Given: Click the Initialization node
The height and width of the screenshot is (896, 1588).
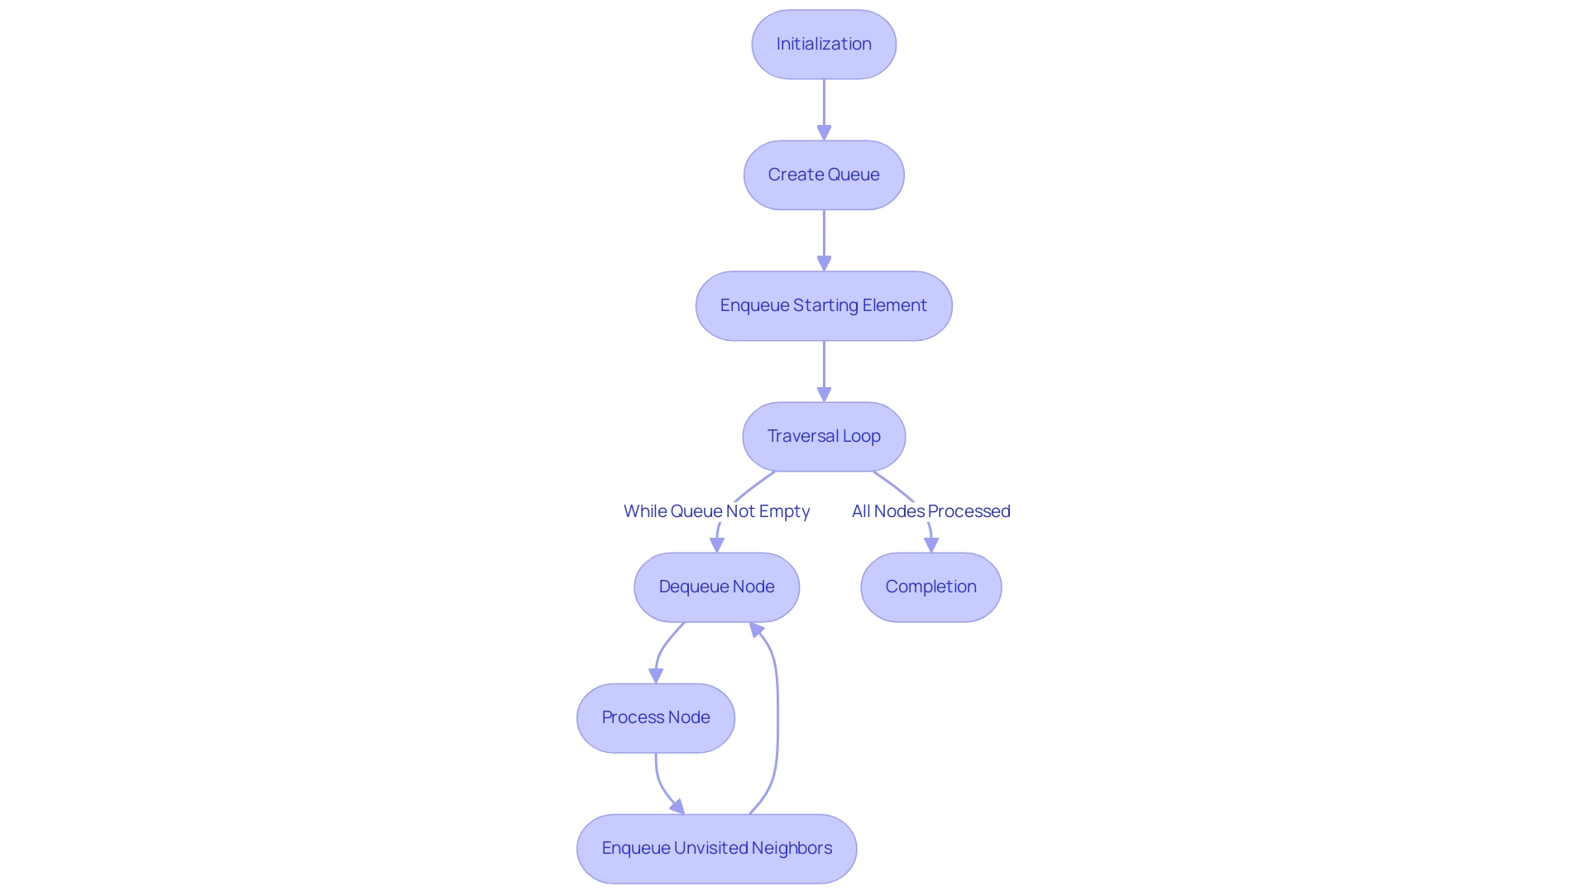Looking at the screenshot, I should (x=824, y=45).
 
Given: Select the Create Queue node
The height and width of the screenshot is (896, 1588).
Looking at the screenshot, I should (x=824, y=175).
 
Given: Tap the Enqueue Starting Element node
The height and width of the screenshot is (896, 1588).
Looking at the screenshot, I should (x=824, y=306).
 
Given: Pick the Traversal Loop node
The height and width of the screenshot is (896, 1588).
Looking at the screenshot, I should (x=824, y=437).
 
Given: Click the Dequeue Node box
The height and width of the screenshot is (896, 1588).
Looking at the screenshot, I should (x=716, y=587).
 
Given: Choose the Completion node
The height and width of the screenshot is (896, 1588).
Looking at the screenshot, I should (x=930, y=587).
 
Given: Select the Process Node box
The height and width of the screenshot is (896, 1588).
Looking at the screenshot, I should (x=655, y=718).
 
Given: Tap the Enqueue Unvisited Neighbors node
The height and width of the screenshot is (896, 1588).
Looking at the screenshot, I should (x=716, y=849).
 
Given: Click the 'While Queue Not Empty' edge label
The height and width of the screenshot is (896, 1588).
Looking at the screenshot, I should (x=716, y=511).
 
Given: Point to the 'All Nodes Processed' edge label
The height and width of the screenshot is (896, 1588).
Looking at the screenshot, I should (x=930, y=511).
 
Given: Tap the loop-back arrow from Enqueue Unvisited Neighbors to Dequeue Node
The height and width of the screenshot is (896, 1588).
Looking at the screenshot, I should (x=777, y=720).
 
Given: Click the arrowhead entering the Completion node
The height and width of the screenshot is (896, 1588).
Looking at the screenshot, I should (x=931, y=544).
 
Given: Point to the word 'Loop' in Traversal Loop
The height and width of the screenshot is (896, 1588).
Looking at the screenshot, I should (x=861, y=437).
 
